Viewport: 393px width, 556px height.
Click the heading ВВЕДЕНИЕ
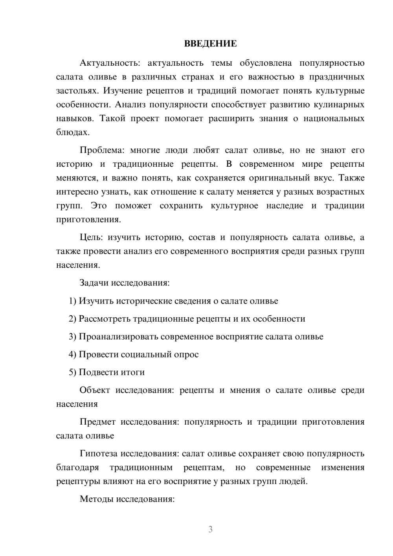tap(210, 44)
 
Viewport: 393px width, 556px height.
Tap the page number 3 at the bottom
tap(210, 529)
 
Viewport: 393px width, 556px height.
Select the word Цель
tap(91, 237)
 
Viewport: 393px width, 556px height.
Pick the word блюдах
tap(73, 133)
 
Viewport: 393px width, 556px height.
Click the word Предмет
tap(97, 422)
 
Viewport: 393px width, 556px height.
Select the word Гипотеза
tap(98, 454)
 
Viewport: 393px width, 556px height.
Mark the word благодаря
tap(77, 468)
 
